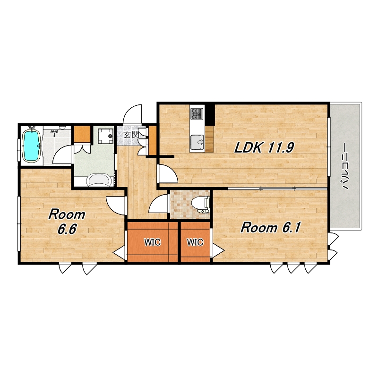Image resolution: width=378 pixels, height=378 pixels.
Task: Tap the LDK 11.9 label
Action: pyautogui.click(x=264, y=147)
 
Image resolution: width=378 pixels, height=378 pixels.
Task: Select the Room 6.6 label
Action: pyautogui.click(x=67, y=222)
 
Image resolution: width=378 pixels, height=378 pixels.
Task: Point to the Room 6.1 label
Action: pyautogui.click(x=270, y=228)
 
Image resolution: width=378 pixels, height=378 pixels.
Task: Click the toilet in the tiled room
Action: pyautogui.click(x=200, y=205)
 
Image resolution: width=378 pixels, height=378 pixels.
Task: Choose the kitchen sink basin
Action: pyautogui.click(x=197, y=143)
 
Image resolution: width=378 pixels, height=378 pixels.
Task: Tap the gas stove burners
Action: pyautogui.click(x=197, y=113)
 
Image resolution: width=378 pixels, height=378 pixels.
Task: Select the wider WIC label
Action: pyautogui.click(x=152, y=242)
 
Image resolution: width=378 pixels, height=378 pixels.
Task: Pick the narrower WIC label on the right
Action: pyautogui.click(x=195, y=242)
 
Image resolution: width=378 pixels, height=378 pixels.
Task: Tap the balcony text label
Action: pyautogui.click(x=345, y=166)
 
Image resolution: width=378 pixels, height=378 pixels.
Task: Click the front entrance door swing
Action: pyautogui.click(x=132, y=115)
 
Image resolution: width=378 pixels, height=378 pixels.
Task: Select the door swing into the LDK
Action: pyautogui.click(x=168, y=173)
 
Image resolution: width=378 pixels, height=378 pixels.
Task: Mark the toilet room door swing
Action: pyautogui.click(x=158, y=204)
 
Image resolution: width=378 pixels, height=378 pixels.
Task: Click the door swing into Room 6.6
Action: pyautogui.click(x=116, y=205)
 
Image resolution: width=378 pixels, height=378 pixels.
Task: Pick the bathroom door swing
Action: pyautogui.click(x=63, y=155)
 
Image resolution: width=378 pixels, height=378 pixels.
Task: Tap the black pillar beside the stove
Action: pyautogui.click(x=209, y=115)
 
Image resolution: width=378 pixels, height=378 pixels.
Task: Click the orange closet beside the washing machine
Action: pyautogui.click(x=82, y=134)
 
